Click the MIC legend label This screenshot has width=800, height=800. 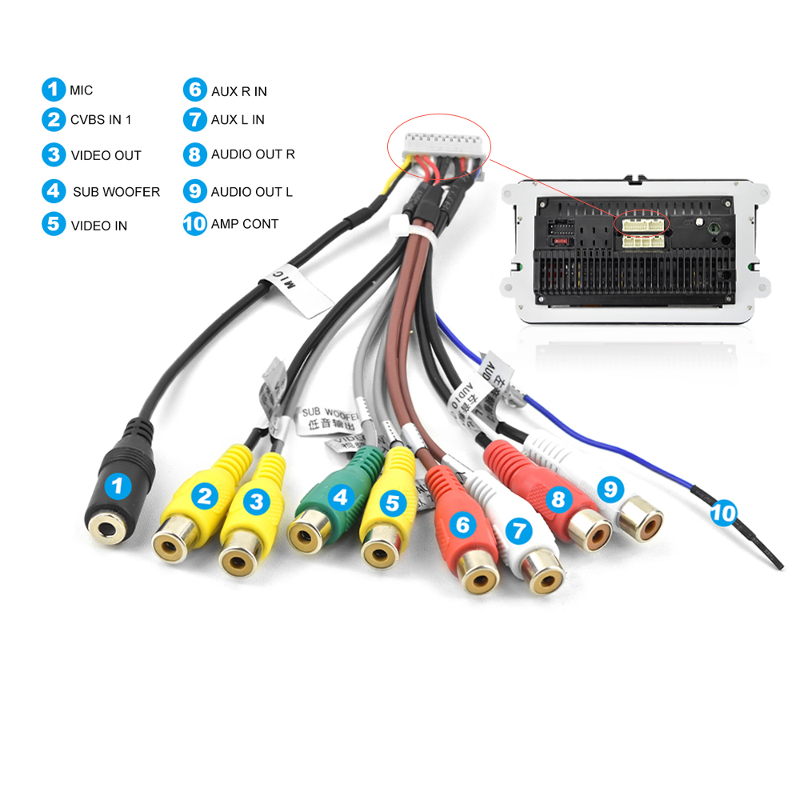click(x=81, y=90)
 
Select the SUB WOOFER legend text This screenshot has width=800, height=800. click(x=116, y=192)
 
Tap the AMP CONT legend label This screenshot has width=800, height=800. click(x=244, y=224)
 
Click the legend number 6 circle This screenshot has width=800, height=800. click(x=194, y=90)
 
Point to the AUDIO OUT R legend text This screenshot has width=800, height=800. click(x=253, y=154)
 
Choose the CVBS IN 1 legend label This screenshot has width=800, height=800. click(x=101, y=120)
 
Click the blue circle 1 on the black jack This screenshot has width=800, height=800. click(x=119, y=485)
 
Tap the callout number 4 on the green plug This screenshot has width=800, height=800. click(x=342, y=498)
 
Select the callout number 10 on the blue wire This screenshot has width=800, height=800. click(x=723, y=512)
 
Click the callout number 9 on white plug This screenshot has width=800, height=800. click(x=610, y=486)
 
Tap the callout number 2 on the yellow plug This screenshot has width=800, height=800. click(x=205, y=498)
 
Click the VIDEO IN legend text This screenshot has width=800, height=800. click(x=98, y=226)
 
